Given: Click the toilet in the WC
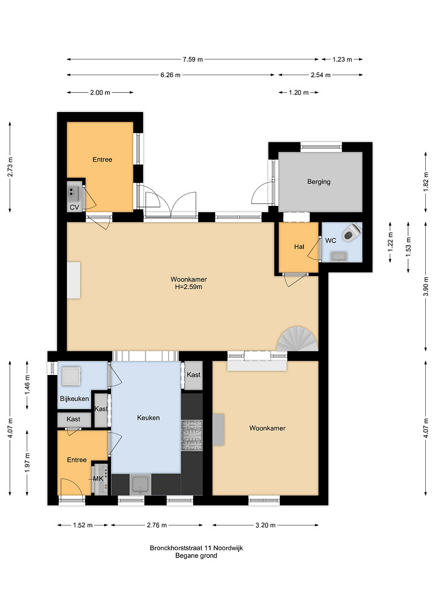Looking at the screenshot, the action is pos(352,232).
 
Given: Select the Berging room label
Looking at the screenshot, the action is pos(319,182).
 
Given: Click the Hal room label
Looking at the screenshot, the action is pos(299,247).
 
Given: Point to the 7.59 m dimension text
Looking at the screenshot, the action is pos(193,59).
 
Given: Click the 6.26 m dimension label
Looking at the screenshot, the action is pos(170,75).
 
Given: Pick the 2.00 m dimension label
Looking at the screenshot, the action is pos(100,92).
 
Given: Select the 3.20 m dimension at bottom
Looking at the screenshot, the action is pos(266,525).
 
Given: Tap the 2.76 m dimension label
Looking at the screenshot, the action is pos(157,525).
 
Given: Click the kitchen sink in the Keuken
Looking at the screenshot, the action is pos(141,485).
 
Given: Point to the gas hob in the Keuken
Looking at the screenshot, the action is pos(191,436).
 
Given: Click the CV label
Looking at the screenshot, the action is pos(74,207).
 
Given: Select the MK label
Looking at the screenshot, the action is pos(99,479).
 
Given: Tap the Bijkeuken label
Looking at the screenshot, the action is pos(74,399).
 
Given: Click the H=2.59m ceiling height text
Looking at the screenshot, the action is pos(189,287).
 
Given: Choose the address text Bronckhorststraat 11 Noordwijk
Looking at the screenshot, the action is pos(196,548).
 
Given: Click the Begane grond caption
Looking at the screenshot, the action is pos(196,555).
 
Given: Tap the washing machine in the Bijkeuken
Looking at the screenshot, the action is pos(71,377).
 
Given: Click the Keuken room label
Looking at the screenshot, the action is pos(148,417).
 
